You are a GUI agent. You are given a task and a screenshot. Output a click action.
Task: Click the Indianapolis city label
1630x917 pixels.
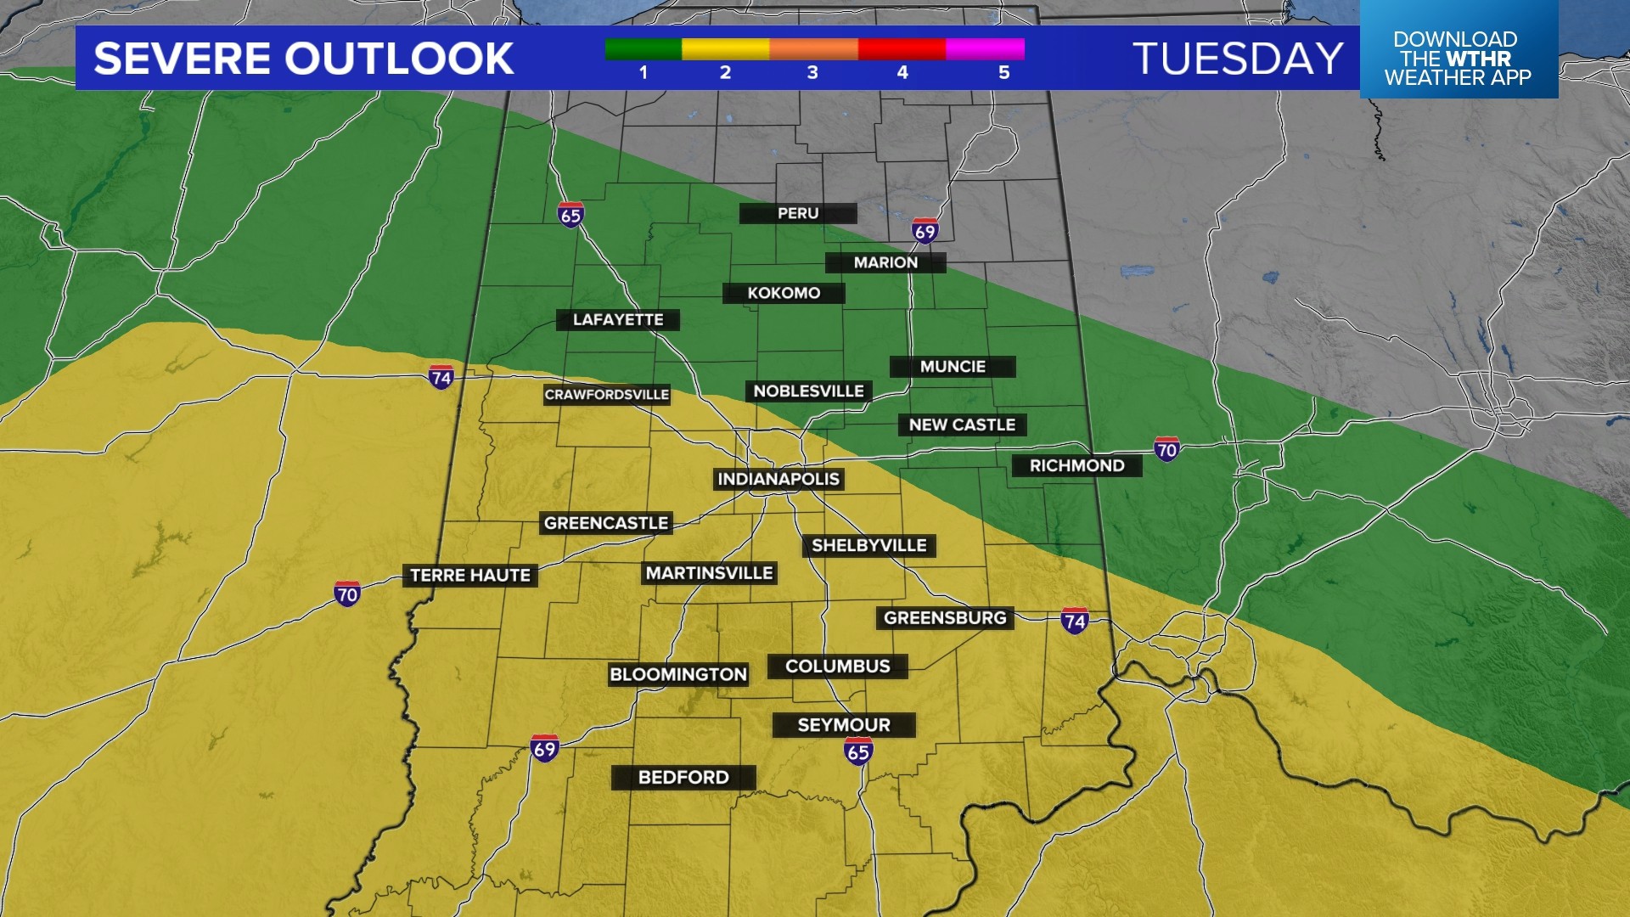pyautogui.click(x=778, y=479)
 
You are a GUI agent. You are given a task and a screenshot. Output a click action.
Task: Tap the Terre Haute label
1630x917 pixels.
pyautogui.click(x=470, y=575)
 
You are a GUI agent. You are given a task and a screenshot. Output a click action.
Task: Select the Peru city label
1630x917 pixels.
pyautogui.click(x=798, y=213)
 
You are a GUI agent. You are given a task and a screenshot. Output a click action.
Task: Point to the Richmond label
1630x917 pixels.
pyautogui.click(x=1076, y=465)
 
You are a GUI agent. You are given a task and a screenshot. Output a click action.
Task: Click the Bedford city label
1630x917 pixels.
pyautogui.click(x=683, y=777)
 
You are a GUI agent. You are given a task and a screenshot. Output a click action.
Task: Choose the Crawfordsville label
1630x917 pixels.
pyautogui.click(x=607, y=394)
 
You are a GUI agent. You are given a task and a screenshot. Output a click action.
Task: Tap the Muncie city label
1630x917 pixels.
pyautogui.click(x=953, y=366)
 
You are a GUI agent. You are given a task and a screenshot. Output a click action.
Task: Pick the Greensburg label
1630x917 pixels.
pyautogui.click(x=945, y=617)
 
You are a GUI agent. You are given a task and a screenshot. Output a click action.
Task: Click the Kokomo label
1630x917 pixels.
pyautogui.click(x=784, y=293)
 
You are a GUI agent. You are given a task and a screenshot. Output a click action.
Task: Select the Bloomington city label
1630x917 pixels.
pyautogui.click(x=678, y=674)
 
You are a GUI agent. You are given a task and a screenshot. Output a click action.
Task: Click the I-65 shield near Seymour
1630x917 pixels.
pyautogui.click(x=858, y=751)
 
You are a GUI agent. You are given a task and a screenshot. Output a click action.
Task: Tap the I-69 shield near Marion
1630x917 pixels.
pyautogui.click(x=925, y=231)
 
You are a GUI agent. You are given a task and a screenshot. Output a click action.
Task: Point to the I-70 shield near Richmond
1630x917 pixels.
pyautogui.click(x=1166, y=449)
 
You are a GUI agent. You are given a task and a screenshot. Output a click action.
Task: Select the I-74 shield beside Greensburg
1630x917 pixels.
pyautogui.click(x=1075, y=621)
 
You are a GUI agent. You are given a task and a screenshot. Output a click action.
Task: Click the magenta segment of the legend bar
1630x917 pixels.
pyautogui.click(x=985, y=49)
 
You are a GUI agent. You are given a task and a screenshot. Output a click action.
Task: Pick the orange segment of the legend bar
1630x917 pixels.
pyautogui.click(x=813, y=49)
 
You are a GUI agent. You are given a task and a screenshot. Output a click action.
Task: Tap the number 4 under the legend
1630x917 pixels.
pyautogui.click(x=902, y=73)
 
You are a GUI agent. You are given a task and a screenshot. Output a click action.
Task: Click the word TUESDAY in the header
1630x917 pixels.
pyautogui.click(x=1238, y=59)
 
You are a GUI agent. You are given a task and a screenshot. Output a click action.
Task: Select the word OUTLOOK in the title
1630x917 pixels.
pyautogui.click(x=399, y=59)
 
